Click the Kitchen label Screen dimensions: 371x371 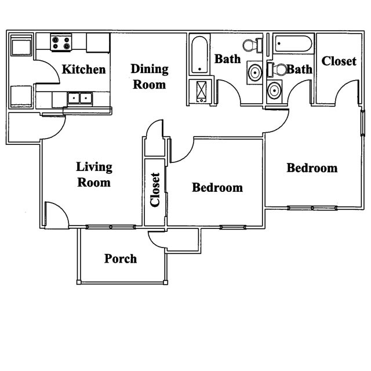[x=84, y=70]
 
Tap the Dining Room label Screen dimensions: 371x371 [x=149, y=77]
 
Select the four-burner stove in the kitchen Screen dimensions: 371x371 [x=61, y=42]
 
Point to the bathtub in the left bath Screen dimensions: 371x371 [x=199, y=55]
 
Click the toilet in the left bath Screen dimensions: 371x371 [x=251, y=45]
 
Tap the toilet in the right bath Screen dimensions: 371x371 [x=277, y=70]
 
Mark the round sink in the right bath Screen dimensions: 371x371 [x=274, y=90]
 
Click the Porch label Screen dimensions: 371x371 [x=121, y=258]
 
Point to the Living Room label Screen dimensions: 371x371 [x=94, y=174]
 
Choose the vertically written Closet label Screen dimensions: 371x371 [x=155, y=190]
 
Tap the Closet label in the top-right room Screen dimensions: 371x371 [x=339, y=61]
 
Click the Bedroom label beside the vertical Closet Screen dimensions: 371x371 [x=217, y=188]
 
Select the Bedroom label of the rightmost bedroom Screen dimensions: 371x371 [x=312, y=168]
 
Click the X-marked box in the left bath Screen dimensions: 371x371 [x=201, y=91]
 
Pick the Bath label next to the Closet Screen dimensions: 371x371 [x=299, y=70]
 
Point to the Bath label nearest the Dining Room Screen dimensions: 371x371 [x=228, y=59]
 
